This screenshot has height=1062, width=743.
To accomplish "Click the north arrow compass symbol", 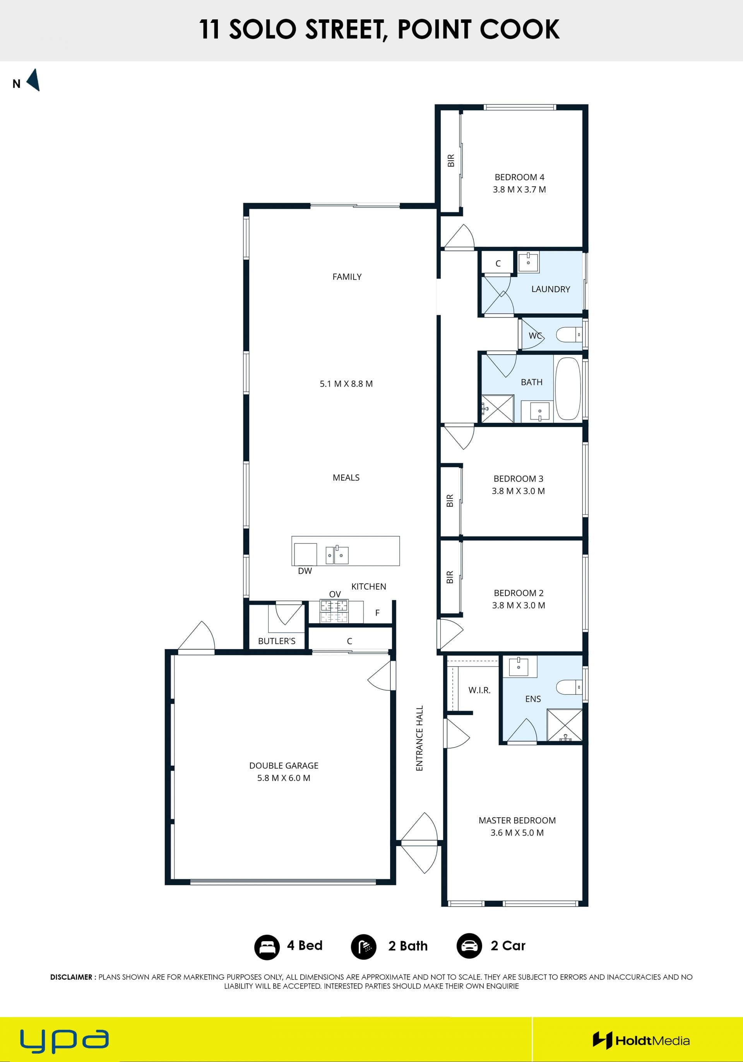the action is (34, 80).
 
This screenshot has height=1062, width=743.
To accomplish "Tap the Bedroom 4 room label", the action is (519, 177).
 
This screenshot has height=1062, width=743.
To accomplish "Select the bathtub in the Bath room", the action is (567, 388).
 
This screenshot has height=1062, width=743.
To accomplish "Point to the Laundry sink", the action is (528, 262).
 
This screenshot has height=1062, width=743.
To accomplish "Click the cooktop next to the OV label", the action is (334, 611).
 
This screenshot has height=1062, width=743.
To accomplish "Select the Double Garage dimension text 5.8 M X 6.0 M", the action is (284, 778).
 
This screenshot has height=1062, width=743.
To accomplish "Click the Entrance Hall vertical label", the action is (419, 738).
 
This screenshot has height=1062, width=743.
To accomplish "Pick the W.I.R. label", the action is (479, 690).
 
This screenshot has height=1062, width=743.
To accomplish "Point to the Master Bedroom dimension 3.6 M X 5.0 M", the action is (517, 833).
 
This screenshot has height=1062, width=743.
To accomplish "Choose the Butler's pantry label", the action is (277, 641).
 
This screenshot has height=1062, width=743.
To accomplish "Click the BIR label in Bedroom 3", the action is (450, 501).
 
